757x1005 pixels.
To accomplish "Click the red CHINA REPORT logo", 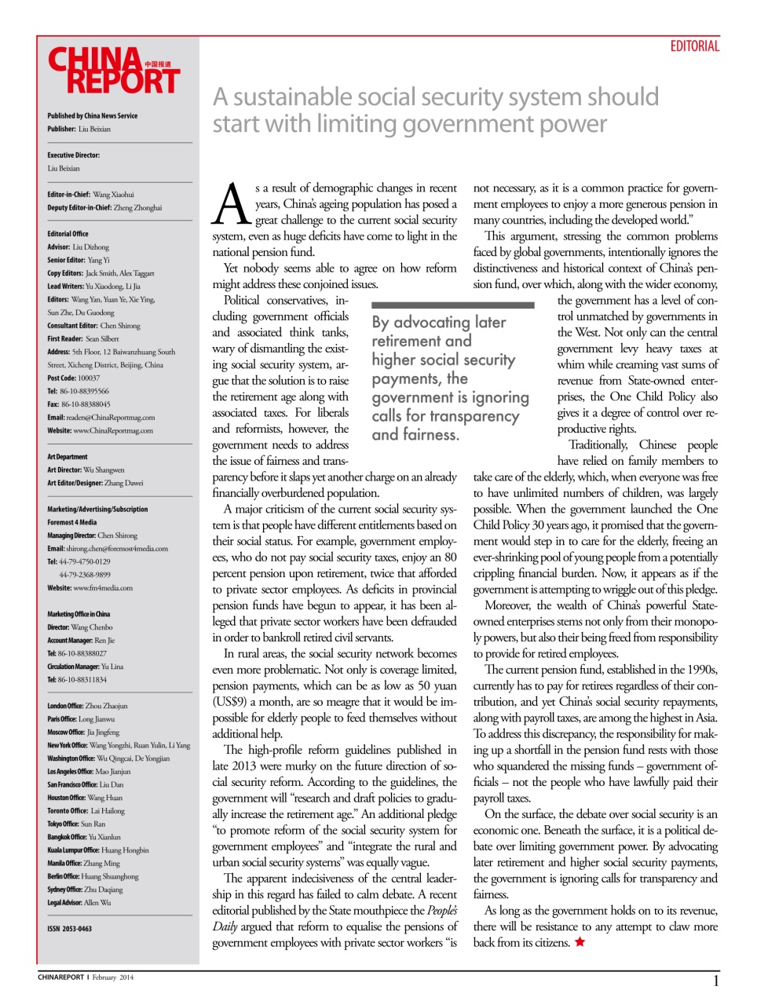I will [114, 71].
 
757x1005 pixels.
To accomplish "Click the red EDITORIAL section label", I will [694, 46].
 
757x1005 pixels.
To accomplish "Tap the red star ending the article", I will [580, 942].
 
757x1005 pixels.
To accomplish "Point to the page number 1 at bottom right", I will [715, 981].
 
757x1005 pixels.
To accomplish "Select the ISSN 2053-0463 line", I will [69, 929].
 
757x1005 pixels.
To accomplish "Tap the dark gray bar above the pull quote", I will [452, 305].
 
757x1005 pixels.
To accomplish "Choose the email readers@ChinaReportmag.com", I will [101, 418].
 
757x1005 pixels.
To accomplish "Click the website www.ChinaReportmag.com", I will [100, 430].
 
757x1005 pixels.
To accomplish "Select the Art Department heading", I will [68, 457].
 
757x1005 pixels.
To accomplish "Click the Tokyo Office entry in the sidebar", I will [76, 824].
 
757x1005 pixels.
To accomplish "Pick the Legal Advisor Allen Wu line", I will [79, 903].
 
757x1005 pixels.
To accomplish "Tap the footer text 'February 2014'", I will [112, 978].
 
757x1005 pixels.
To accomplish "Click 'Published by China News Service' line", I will [92, 115].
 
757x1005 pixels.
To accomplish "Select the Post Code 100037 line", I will [73, 378].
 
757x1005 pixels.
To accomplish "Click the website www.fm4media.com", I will [90, 587].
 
